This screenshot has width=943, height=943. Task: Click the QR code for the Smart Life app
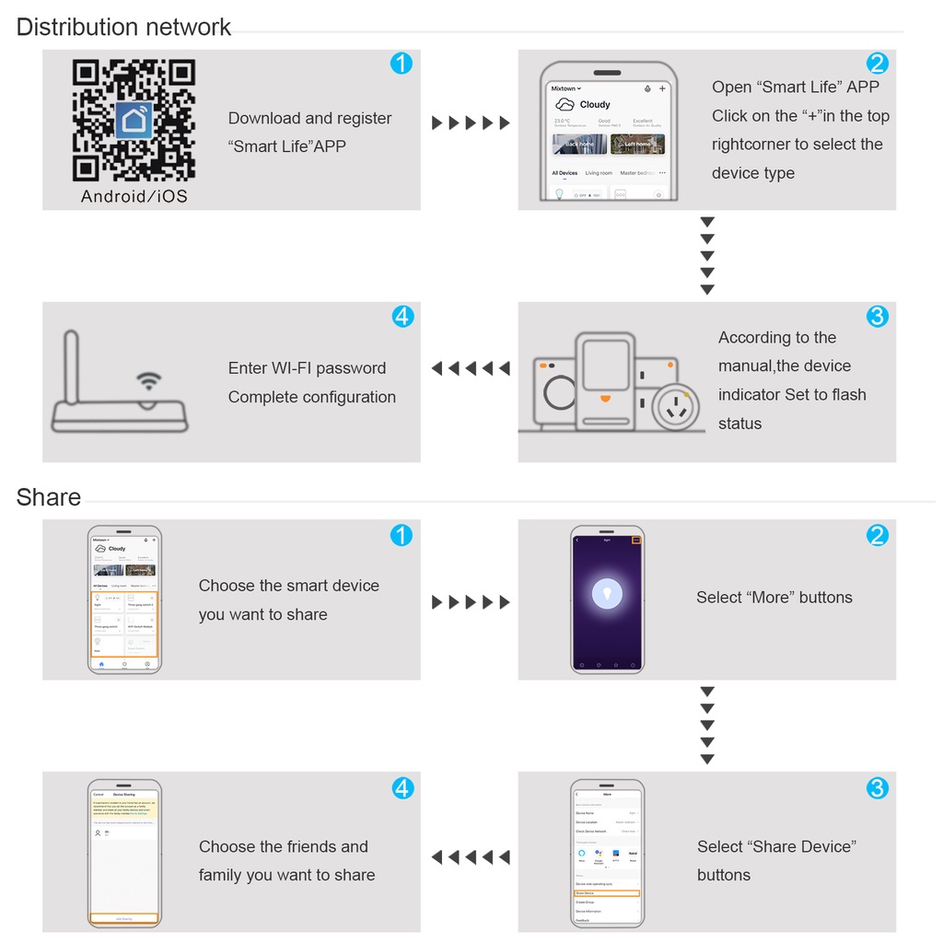coord(134,120)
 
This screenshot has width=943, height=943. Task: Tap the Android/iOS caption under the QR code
coord(134,196)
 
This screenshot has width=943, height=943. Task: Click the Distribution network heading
coord(123,27)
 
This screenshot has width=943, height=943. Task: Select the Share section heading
coord(49,497)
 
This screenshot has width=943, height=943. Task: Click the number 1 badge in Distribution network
coord(402,64)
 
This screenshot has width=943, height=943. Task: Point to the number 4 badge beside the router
coord(402,316)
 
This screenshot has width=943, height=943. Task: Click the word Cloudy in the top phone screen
coord(595,105)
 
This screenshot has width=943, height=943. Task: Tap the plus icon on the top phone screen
coord(662,88)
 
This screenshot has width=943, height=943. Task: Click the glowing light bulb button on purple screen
coord(607,593)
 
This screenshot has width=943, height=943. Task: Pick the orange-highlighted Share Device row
coord(606,893)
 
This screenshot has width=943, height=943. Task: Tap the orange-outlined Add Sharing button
coord(124,918)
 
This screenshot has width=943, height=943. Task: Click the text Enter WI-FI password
coord(307,368)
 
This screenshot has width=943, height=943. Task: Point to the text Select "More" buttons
coord(774,598)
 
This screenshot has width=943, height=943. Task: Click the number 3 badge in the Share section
coord(878,788)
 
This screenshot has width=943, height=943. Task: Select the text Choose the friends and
coord(283,846)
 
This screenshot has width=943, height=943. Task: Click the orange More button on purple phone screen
coord(635,540)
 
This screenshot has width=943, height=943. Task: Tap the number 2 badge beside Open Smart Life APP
coord(878,64)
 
